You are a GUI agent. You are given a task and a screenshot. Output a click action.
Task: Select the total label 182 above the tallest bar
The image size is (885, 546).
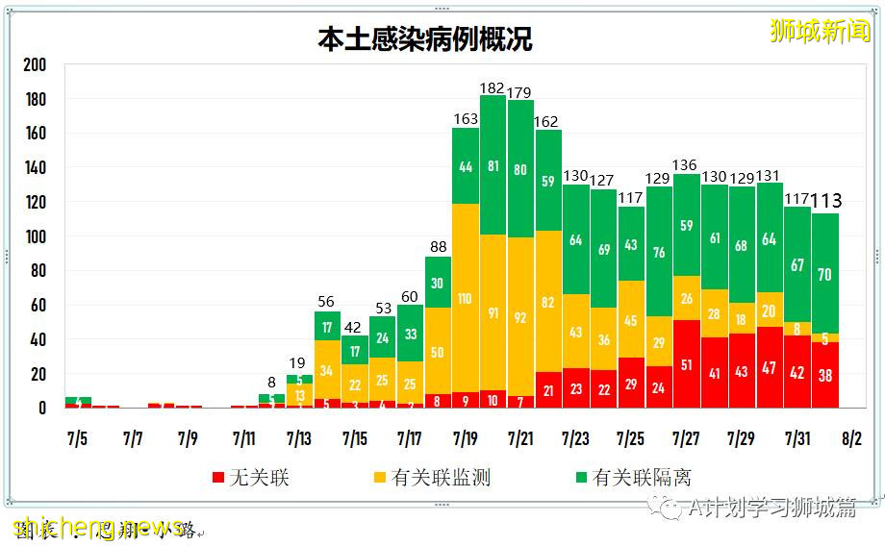(x=493, y=87)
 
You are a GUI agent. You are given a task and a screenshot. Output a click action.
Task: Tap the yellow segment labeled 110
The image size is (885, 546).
(x=466, y=299)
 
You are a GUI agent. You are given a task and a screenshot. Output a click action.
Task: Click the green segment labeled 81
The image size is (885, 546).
(x=493, y=165)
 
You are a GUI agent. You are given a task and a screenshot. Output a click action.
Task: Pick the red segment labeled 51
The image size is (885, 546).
(x=687, y=364)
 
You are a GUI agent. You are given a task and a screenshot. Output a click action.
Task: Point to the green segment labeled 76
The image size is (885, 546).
(x=659, y=253)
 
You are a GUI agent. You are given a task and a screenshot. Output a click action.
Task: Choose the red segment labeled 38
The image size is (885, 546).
(x=825, y=377)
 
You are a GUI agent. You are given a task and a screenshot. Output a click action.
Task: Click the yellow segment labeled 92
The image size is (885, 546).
(x=520, y=315)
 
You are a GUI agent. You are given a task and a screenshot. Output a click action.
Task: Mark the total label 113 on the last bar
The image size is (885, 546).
(x=825, y=201)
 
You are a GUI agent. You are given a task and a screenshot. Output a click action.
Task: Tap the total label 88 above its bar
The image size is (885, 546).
(x=438, y=247)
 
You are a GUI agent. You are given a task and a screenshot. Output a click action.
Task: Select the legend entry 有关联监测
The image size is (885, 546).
(x=430, y=478)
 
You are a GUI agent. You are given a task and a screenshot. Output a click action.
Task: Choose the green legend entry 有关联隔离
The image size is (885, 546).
(x=631, y=478)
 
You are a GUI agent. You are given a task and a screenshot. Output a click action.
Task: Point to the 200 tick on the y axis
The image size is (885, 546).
(x=35, y=65)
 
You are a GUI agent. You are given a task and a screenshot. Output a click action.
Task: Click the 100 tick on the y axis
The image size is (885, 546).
(x=35, y=236)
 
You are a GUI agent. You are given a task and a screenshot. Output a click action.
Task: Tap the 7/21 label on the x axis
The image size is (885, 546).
(x=519, y=439)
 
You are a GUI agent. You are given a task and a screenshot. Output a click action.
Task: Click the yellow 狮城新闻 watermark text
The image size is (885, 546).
(x=820, y=31)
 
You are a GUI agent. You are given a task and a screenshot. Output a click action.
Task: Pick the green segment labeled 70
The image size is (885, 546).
(x=825, y=274)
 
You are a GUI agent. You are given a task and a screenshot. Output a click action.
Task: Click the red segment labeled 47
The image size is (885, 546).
(x=770, y=368)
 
